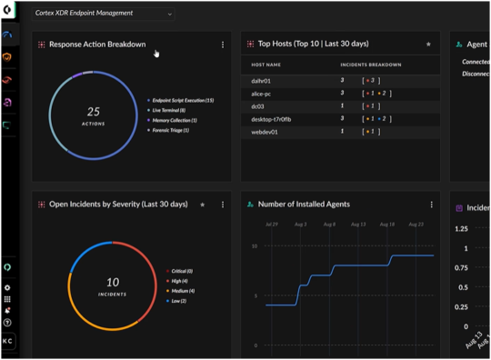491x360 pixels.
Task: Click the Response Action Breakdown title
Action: click(97, 44)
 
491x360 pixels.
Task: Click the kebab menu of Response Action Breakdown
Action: click(223, 45)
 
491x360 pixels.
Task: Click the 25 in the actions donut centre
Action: click(94, 111)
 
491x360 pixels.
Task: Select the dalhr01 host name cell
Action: click(263, 81)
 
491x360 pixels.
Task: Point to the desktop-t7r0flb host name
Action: click(271, 119)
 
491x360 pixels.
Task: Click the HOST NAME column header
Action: click(267, 65)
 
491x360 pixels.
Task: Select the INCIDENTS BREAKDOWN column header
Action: click(370, 65)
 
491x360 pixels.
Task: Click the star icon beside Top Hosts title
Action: click(428, 44)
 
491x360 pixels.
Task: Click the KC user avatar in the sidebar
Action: click(8, 341)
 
